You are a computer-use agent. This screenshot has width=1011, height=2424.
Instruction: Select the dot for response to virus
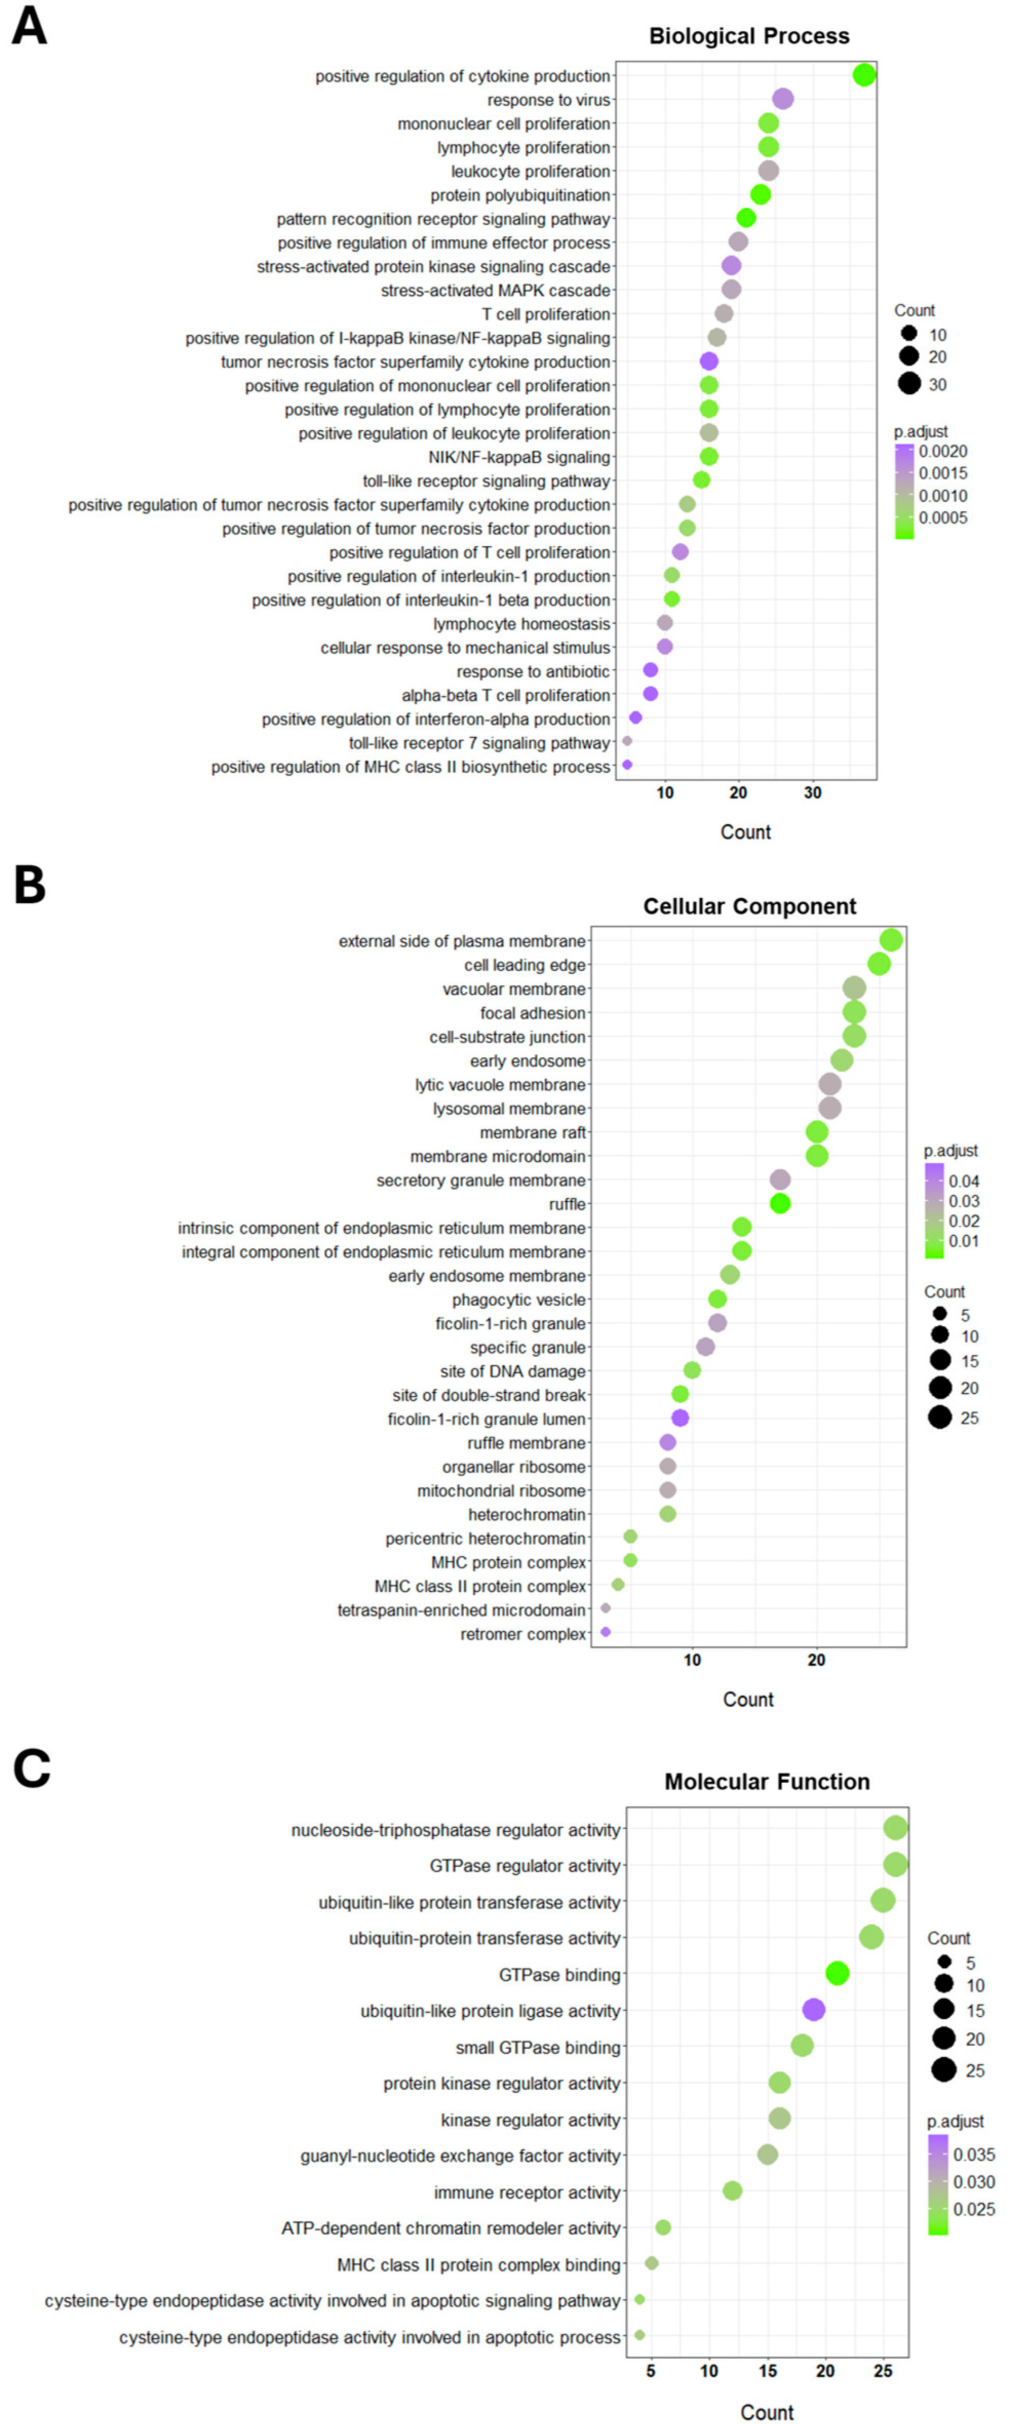(782, 99)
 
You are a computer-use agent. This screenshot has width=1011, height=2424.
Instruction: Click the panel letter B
(30, 886)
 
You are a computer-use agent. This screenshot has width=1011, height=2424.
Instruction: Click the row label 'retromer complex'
(522, 1634)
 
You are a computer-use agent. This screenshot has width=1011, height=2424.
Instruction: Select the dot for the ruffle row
(779, 1204)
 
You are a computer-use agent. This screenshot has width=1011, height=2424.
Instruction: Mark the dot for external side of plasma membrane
(891, 940)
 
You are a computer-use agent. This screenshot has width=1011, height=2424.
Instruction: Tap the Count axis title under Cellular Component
(748, 1699)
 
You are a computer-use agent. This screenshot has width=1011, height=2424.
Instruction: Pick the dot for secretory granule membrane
(779, 1180)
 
